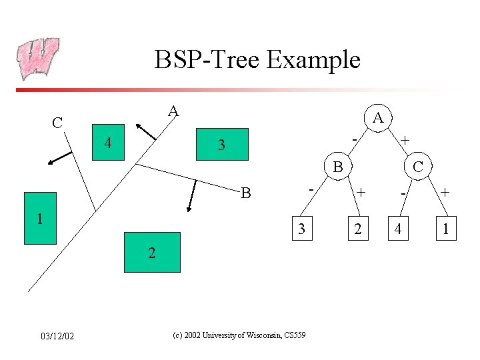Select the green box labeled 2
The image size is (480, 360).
[152, 252]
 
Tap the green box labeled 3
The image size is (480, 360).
[222, 144]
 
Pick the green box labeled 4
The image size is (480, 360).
[107, 143]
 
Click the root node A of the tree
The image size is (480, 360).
[377, 118]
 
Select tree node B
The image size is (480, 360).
[338, 167]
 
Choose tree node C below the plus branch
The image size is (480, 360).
[417, 167]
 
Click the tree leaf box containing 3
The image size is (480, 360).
[302, 230]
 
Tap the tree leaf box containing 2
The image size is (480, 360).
[358, 230]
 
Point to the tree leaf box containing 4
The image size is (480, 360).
[398, 230]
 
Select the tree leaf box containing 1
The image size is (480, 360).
[444, 230]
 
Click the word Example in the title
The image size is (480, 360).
[313, 60]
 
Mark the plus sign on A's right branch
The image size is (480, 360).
[405, 140]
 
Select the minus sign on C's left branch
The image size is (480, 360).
[403, 193]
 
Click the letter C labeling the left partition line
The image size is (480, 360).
[58, 123]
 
